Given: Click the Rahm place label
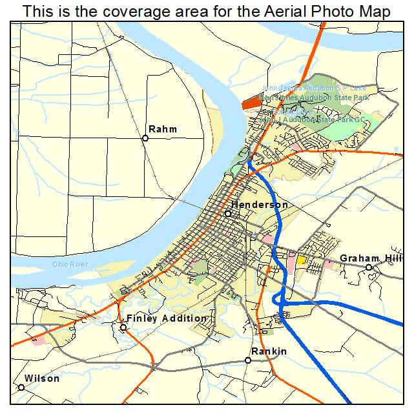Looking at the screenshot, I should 163,129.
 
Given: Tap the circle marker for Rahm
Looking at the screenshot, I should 145,138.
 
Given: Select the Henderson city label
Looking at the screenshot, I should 260,205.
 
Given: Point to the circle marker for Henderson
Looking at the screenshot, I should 227,213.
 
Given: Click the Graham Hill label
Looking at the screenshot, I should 371,258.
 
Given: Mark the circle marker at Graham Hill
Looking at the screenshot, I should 369,267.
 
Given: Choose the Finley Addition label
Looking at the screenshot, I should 167,318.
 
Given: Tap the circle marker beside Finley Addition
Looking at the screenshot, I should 123,327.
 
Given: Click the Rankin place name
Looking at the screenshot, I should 269,351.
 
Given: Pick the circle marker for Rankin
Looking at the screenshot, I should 248,360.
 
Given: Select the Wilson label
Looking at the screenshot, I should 42,378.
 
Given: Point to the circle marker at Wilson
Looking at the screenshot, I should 21,388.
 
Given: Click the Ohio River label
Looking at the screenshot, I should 70,265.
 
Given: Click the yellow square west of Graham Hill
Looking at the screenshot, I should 301,260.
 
